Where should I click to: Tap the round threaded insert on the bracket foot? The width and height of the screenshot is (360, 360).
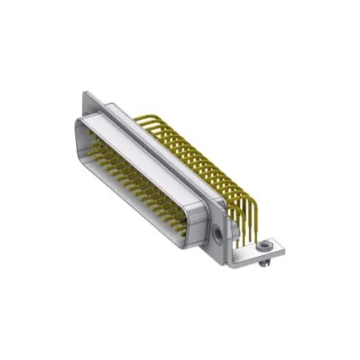[263, 246]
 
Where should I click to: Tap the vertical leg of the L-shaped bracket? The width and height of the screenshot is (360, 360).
[233, 240]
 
